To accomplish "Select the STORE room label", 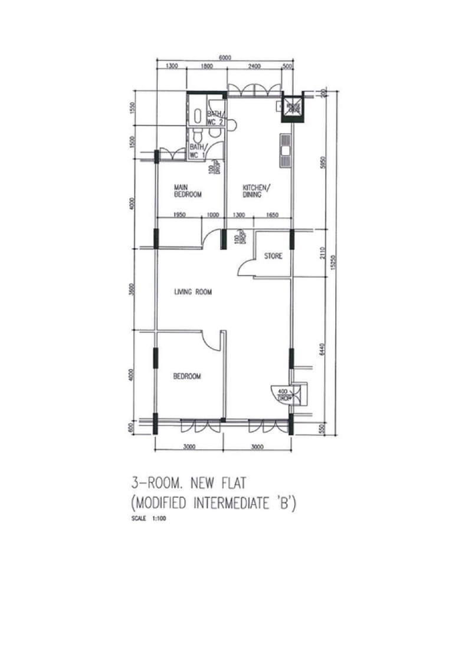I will pos(273,257).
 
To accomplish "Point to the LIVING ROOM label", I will pos(192,292).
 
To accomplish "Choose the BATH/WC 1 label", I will pos(198,151).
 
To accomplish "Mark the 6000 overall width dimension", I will pos(224,57).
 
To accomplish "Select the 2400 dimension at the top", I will pos(254,67).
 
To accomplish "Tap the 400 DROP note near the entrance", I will pos(283,394).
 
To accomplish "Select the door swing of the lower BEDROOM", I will pos(209,340).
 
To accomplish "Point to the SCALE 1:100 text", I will pos(147,521).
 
